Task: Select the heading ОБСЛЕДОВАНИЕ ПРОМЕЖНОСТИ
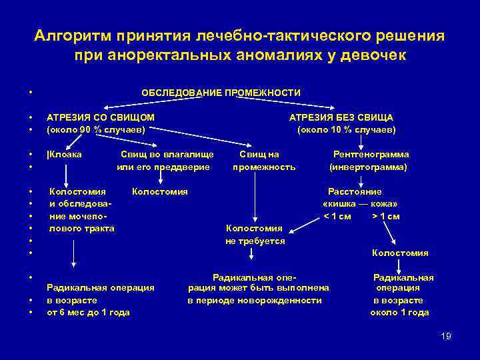click(221, 93)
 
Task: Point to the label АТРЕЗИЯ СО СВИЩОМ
click(101, 117)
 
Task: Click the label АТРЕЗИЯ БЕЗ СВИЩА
click(341, 117)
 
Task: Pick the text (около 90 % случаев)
click(96, 129)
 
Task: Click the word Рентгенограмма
click(371, 155)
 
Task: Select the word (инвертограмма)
click(368, 167)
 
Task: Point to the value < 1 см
click(337, 216)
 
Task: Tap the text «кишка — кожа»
click(360, 204)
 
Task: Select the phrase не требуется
click(256, 241)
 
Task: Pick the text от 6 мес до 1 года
click(88, 312)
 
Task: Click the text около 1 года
click(400, 312)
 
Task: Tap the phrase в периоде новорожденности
click(254, 300)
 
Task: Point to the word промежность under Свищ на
click(263, 167)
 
